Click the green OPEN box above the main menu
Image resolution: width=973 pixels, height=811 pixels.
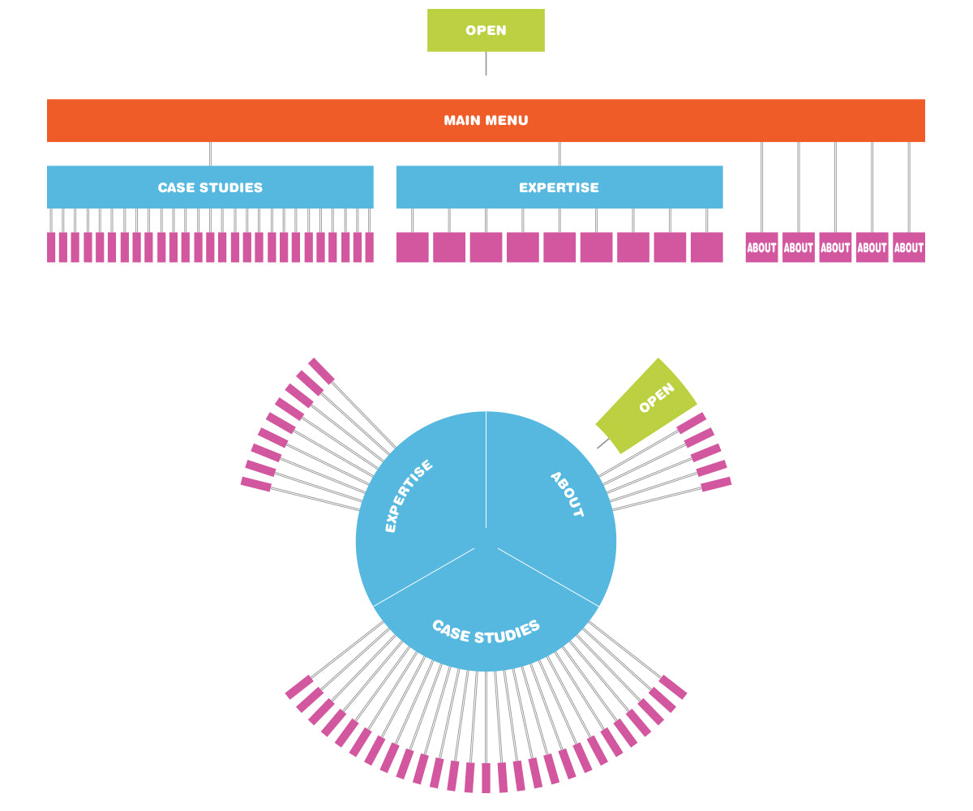click(x=486, y=31)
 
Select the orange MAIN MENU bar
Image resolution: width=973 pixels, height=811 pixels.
click(x=486, y=121)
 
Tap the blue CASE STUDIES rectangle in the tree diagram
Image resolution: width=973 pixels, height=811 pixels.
click(x=210, y=187)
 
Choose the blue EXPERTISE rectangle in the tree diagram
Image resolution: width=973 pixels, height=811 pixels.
click(x=559, y=187)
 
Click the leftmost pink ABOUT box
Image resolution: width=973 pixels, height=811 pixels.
click(x=761, y=247)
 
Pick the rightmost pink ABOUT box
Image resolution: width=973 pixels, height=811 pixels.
click(x=908, y=247)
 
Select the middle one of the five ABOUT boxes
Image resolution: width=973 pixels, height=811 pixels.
click(x=835, y=247)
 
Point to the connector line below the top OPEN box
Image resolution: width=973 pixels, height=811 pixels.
click(x=486, y=63)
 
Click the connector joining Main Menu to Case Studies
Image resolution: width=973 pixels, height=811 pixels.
click(x=210, y=154)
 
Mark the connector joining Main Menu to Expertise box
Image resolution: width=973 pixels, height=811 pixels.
click(x=559, y=154)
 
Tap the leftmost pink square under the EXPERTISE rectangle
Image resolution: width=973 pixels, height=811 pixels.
click(x=412, y=247)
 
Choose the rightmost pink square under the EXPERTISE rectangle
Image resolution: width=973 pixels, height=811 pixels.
click(x=706, y=247)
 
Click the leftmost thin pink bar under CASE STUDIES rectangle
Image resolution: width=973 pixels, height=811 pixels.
click(x=51, y=247)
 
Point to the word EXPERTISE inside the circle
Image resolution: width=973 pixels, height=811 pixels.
click(x=408, y=496)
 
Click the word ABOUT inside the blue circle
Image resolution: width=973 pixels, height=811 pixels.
click(x=567, y=494)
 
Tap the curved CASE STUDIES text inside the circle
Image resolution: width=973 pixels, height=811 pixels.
click(x=486, y=631)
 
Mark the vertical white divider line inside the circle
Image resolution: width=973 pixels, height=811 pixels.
click(x=486, y=470)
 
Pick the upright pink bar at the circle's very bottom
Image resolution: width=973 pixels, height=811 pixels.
click(x=486, y=778)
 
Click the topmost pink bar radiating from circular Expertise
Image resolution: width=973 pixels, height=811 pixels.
click(x=321, y=371)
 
